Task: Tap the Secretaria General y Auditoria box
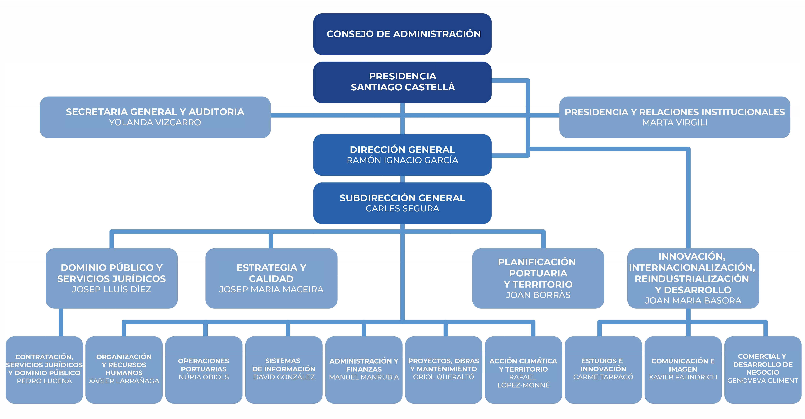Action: point(155,117)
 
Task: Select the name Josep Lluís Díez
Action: point(112,289)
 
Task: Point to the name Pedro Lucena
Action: point(44,381)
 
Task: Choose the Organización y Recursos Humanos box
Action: point(124,370)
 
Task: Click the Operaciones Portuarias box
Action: point(204,370)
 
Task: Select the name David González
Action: point(284,377)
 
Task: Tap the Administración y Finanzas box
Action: point(364,370)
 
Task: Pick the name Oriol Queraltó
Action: point(443,377)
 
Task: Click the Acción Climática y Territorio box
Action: point(523,370)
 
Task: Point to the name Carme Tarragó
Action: point(603,377)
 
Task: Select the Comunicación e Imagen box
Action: point(683,370)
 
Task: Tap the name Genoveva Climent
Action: point(763,381)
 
